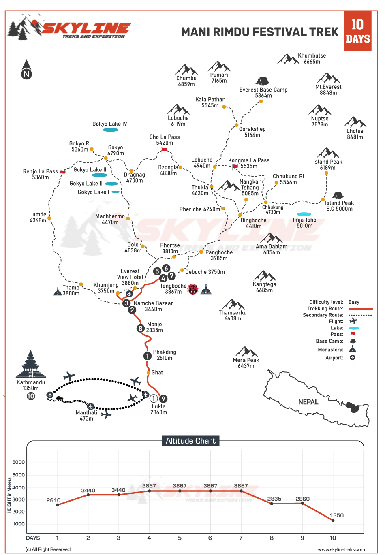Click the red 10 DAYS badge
[358, 31]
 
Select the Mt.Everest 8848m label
[328, 90]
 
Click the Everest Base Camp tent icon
[262, 81]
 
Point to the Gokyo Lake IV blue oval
[110, 130]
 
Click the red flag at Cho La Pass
[164, 150]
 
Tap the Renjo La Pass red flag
[63, 172]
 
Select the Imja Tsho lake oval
[304, 214]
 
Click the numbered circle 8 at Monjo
[140, 328]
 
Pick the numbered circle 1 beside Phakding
[147, 356]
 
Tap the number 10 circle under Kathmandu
[31, 396]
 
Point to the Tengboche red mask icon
[193, 289]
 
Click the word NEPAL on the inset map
[308, 402]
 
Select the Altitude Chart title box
[190, 441]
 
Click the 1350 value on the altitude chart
[337, 515]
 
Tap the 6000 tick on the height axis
[19, 462]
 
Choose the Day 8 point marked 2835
[272, 504]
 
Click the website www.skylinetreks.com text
[341, 549]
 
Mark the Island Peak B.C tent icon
[338, 196]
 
